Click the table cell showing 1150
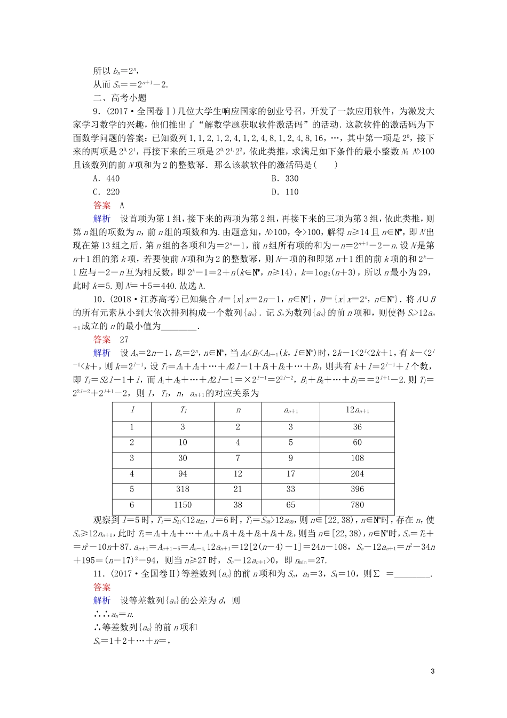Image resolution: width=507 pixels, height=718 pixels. (183, 505)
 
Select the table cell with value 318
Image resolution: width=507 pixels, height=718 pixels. (183, 489)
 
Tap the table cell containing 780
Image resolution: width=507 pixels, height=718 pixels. (357, 505)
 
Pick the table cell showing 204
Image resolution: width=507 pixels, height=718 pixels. (357, 474)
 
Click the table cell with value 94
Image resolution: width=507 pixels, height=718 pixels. (183, 474)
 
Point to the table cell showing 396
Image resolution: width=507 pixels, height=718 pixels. (357, 489)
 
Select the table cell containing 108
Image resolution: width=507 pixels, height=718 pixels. (357, 458)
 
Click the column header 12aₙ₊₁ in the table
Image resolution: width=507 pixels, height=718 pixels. (357, 410)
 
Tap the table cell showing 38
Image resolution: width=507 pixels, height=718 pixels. (238, 505)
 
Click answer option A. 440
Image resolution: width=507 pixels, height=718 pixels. (106, 178)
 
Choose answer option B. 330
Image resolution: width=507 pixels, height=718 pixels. (284, 178)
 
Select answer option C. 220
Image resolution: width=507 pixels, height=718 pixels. (106, 192)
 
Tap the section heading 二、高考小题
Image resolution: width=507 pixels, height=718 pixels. (120, 98)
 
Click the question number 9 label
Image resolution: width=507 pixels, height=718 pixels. (96, 112)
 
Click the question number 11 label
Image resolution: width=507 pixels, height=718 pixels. (98, 574)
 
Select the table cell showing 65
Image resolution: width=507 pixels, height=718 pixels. (290, 505)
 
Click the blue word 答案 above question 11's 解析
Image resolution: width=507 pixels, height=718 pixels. (102, 587)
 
